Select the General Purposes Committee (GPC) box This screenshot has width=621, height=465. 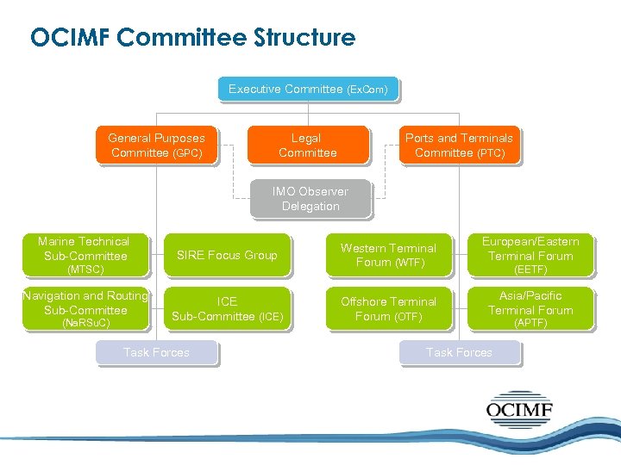[x=156, y=145]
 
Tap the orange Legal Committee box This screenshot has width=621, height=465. [x=307, y=145]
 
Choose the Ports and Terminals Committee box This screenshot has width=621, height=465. [x=459, y=145]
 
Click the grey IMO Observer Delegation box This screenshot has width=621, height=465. [x=310, y=198]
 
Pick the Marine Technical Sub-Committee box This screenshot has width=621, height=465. [x=85, y=255]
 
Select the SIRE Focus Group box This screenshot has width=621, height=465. [x=227, y=255]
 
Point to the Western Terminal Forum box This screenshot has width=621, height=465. [x=388, y=255]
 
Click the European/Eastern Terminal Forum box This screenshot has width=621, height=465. [x=530, y=255]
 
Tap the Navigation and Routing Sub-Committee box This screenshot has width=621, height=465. [x=85, y=308]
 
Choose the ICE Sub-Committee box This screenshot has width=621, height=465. [x=227, y=308]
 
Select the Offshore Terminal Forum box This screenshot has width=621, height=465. [x=388, y=308]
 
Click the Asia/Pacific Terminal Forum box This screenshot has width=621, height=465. [x=530, y=308]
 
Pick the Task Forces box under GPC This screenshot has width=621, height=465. [x=156, y=352]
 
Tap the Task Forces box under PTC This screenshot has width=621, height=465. [x=459, y=352]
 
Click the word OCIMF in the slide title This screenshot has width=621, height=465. [x=69, y=38]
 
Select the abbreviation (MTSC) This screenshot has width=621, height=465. [x=85, y=270]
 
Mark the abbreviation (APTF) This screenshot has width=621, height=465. [x=530, y=323]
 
